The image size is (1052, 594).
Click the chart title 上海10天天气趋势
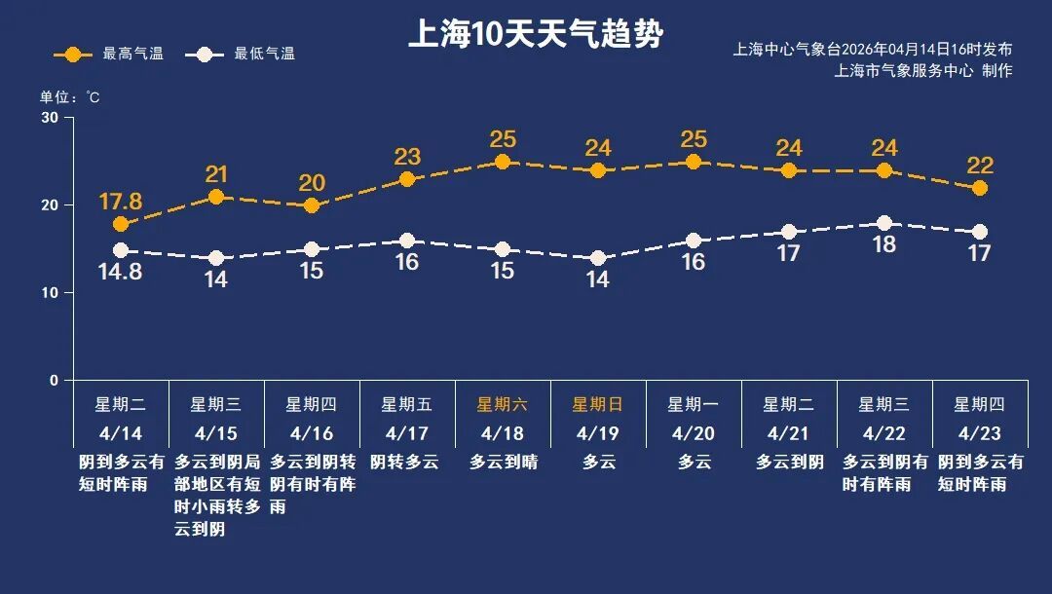535,35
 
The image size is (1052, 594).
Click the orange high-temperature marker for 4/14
121,225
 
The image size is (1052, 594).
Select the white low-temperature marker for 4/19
598,258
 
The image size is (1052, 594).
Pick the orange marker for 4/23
980,188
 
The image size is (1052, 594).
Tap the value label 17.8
121,202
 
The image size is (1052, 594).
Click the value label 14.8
121,273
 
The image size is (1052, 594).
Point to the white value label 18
884,245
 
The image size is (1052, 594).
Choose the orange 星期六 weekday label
503,404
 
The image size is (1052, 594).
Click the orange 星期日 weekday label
598,404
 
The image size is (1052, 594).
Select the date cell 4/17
407,432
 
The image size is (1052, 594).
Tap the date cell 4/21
789,432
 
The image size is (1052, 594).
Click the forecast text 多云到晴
503,462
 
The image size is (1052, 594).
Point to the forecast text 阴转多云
407,462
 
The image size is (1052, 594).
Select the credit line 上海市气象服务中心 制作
923,71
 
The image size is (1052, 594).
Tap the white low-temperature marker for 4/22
884,224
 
